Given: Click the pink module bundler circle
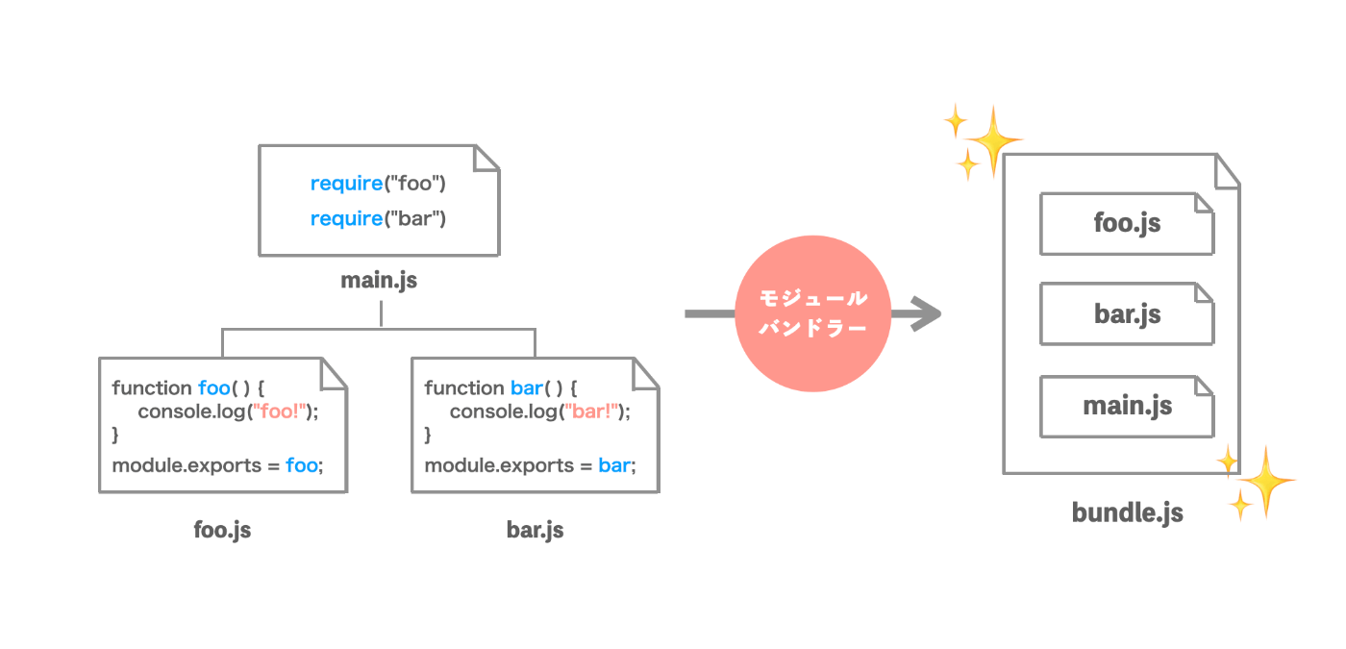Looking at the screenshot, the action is tap(813, 313).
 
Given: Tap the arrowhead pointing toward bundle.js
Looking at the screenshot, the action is tap(925, 313).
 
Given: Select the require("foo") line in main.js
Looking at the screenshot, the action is tap(378, 184).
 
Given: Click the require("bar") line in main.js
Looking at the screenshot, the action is tap(378, 219).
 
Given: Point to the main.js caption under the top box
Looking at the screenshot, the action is tap(379, 281).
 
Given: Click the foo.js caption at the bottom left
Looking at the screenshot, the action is tap(222, 530).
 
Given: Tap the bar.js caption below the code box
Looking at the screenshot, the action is tap(535, 530).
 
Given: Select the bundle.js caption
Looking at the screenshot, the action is tap(1127, 513).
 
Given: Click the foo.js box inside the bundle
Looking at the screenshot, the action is tap(1127, 223).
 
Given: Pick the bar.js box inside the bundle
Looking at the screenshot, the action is tap(1127, 313).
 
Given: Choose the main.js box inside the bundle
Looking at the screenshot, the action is tap(1127, 407).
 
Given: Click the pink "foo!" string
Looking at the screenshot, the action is tap(280, 412).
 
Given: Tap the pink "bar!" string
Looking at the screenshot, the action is tap(591, 412).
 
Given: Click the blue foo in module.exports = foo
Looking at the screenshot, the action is tap(302, 465).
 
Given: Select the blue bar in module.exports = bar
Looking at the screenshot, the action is tap(614, 465).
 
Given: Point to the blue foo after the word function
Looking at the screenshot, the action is tap(214, 388).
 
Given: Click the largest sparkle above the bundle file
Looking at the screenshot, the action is tap(994, 140).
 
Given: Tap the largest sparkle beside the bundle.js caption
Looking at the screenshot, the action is tap(1266, 481).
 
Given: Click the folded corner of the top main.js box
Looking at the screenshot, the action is tap(486, 158).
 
